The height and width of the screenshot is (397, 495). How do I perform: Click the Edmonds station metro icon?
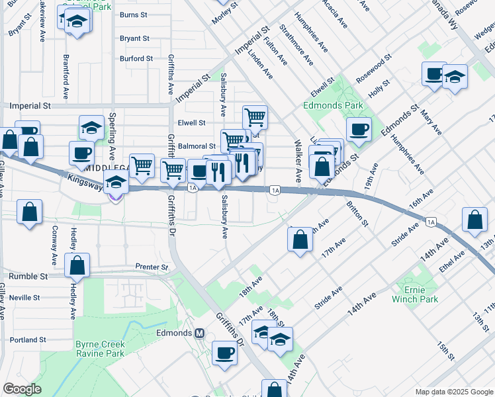199,332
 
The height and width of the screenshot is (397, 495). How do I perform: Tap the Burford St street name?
136,58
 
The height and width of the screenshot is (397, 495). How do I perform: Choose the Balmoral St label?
197,146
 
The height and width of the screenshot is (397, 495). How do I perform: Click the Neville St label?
26,298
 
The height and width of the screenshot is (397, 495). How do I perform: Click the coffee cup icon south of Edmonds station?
224,352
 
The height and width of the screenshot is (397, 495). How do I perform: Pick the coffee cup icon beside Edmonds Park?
359,129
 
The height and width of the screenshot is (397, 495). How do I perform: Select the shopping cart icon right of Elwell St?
255,117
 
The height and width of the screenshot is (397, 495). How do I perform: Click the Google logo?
22,389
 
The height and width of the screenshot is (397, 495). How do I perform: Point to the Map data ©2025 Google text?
453,392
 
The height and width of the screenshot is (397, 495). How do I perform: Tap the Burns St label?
134,15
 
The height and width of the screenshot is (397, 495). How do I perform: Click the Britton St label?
357,215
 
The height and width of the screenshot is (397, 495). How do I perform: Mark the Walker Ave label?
298,161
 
